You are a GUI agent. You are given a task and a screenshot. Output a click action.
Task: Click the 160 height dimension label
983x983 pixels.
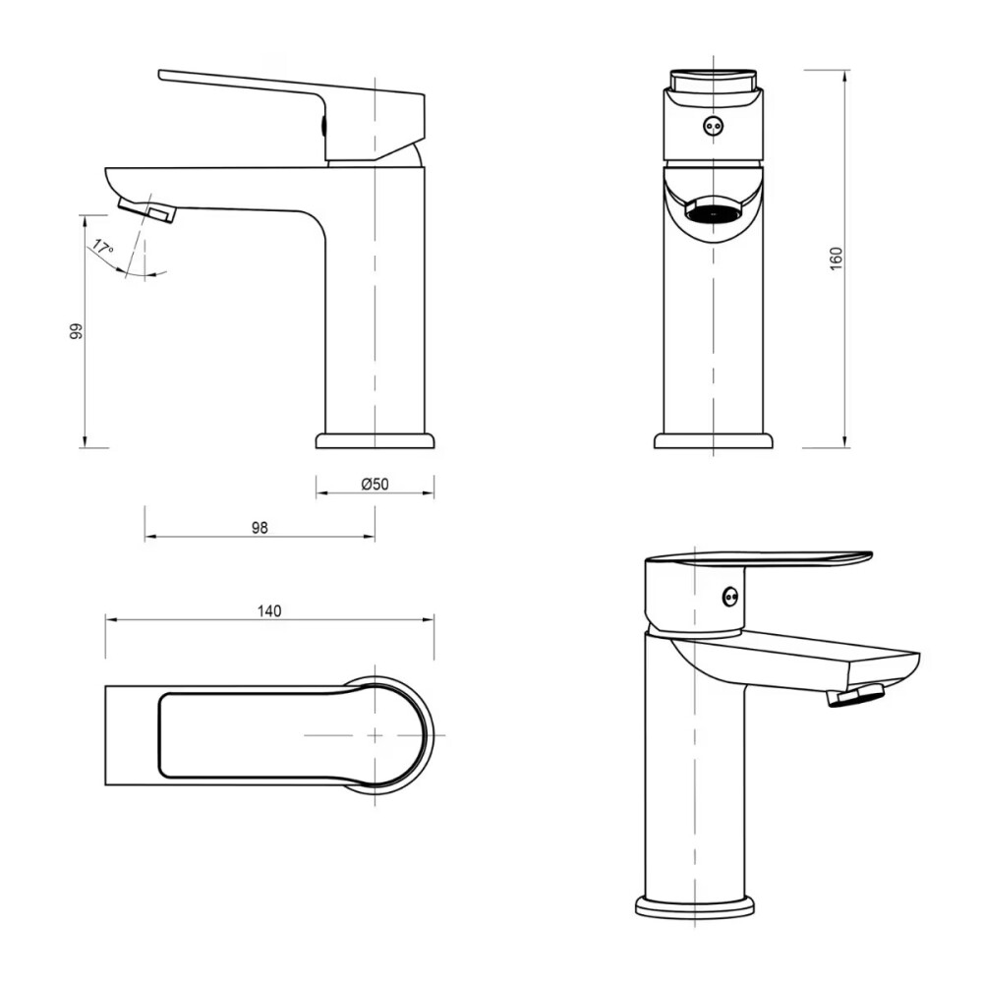837,258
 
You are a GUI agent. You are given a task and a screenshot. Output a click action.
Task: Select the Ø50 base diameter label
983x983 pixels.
376,484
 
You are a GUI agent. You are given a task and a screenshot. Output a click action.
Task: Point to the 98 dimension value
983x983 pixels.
260,528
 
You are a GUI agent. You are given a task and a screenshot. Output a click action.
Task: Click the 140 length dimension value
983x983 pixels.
269,610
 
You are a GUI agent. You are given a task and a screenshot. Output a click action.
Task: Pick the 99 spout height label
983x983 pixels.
76,331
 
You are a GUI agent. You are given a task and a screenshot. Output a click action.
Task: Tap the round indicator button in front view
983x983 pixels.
713,126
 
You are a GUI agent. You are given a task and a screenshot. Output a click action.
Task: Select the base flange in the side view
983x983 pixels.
375,439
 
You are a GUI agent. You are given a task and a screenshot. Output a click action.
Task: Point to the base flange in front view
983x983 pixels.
713,440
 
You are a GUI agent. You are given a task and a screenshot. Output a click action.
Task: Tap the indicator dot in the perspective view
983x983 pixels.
729,596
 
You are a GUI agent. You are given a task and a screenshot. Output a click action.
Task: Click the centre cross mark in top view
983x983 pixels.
375,734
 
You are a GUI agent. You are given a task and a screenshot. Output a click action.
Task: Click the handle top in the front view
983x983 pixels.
713,80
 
